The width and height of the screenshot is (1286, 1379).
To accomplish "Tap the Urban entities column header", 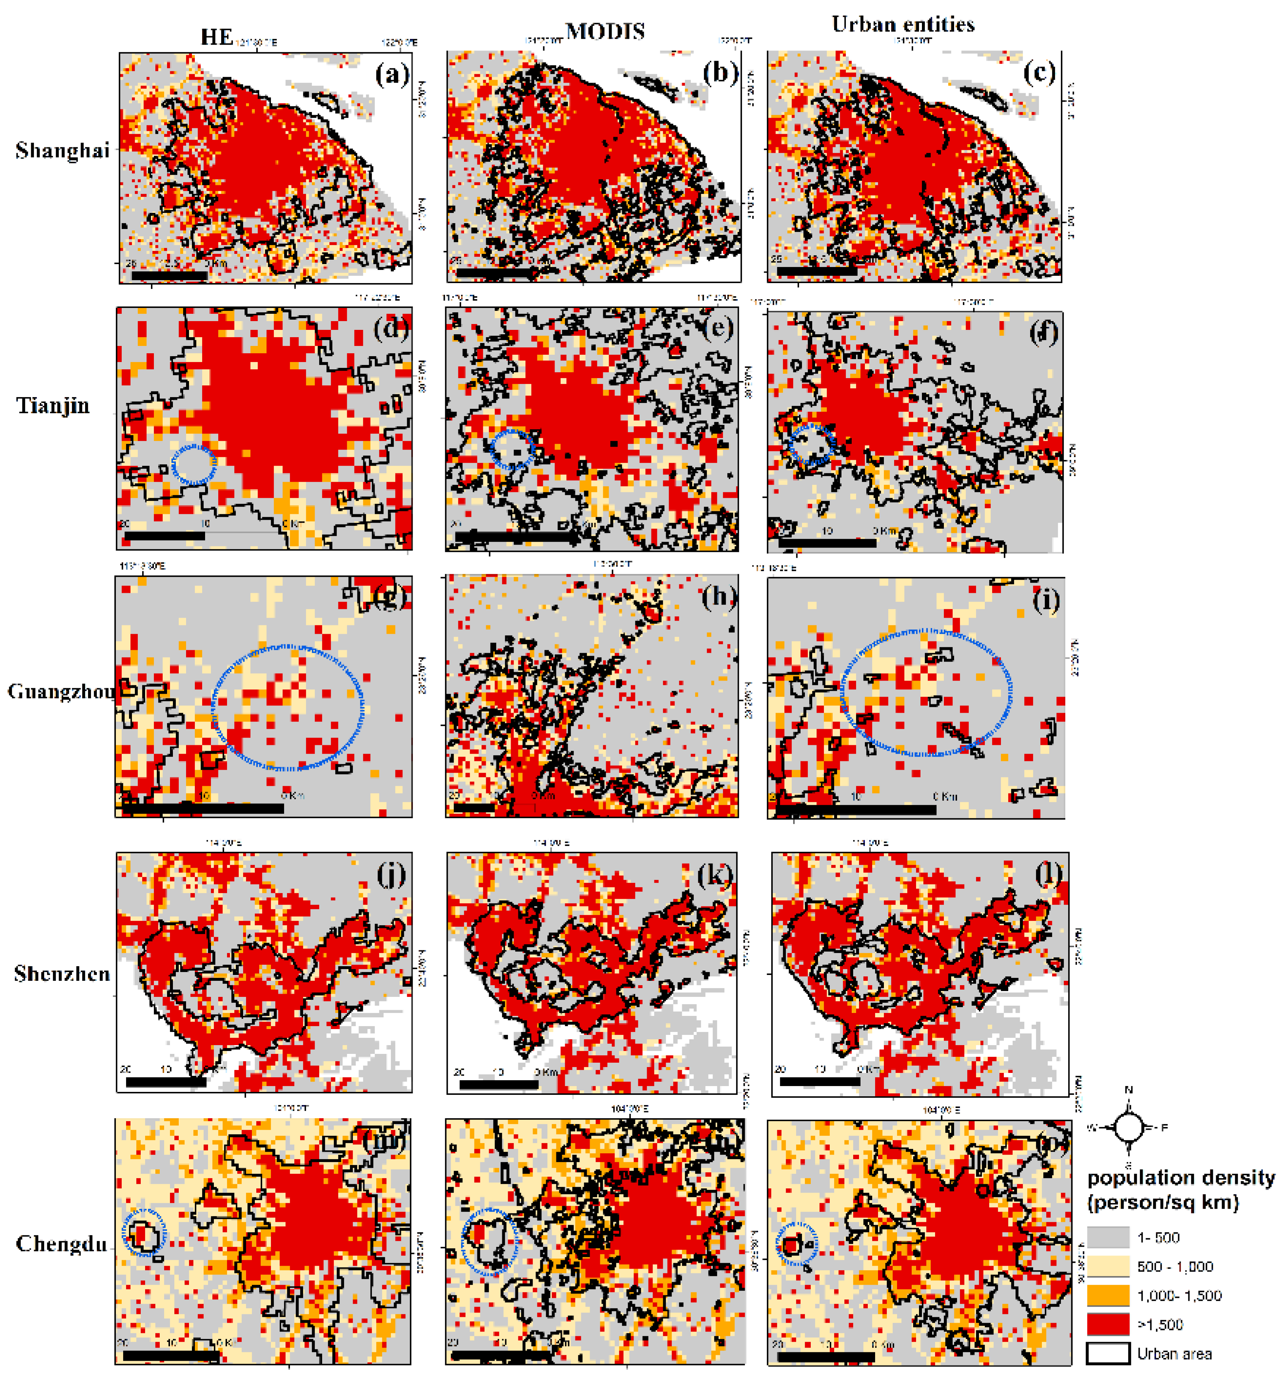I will (903, 25).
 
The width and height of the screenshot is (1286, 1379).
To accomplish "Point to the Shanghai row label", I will (63, 151).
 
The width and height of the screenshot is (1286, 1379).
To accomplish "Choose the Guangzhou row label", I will (61, 692).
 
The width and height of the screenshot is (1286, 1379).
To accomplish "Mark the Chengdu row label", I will (62, 1244).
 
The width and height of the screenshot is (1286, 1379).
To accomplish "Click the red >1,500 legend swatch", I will (1108, 1324).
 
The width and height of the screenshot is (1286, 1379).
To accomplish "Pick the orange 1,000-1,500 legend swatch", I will (1108, 1295).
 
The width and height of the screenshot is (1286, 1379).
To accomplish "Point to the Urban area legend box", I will (1108, 1353).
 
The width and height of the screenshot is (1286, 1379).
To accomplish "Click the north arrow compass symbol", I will (1128, 1127).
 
